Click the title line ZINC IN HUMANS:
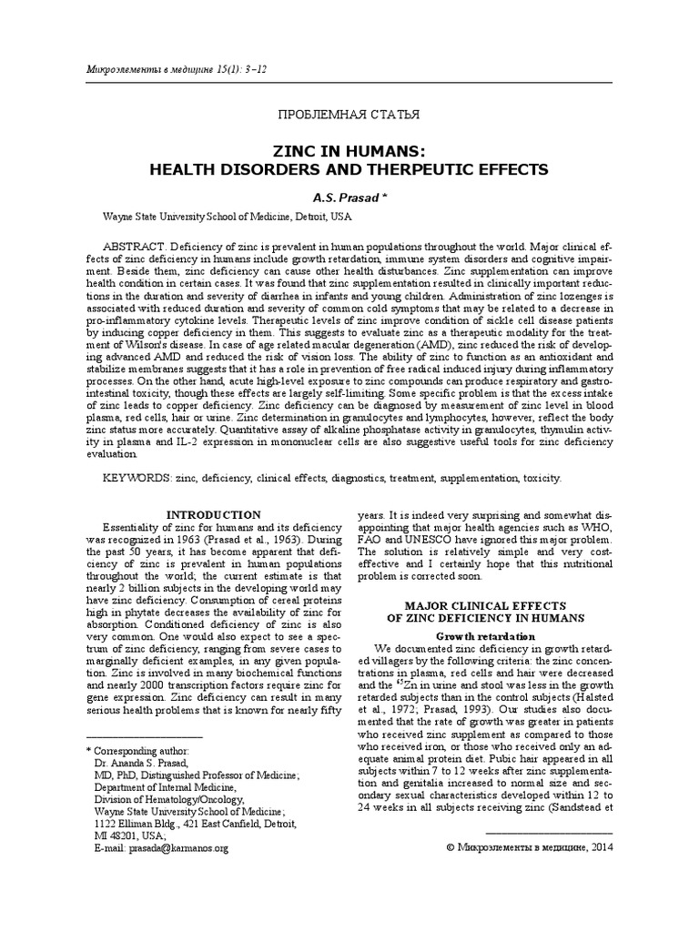pyautogui.click(x=349, y=151)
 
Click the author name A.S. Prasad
pyautogui.click(x=347, y=198)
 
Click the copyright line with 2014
pyautogui.click(x=531, y=847)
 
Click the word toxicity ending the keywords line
pyautogui.click(x=541, y=476)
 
